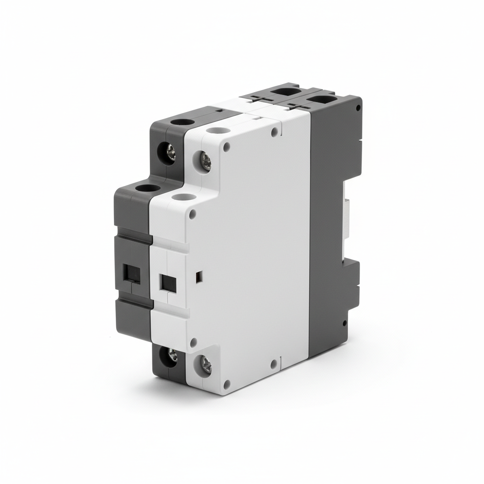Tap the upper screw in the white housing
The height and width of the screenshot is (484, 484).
coord(206,160)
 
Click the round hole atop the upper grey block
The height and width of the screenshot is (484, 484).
coord(180,121)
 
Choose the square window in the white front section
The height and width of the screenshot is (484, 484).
coord(168,283)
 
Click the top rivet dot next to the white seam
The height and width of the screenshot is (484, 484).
coord(274,131)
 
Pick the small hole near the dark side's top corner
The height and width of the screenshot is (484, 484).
coord(358,107)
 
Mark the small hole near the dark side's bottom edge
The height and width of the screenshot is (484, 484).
coord(345,323)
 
